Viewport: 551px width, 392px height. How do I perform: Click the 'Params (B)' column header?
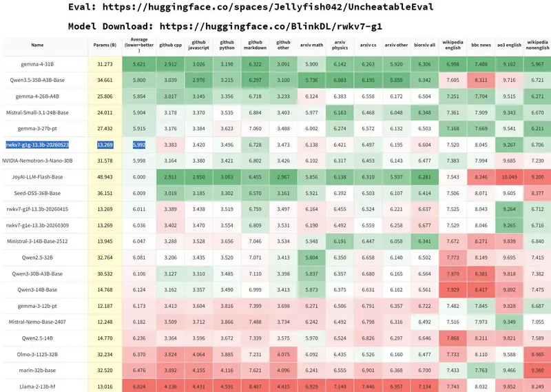[x=105, y=45]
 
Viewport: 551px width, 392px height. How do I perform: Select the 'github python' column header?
[x=227, y=45]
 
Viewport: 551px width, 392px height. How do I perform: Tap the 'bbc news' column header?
[x=481, y=45]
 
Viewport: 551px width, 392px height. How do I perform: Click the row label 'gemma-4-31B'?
[x=37, y=64]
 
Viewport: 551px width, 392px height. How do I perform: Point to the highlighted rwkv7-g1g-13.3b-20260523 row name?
[x=37, y=145]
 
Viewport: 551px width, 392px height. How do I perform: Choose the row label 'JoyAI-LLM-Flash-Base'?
[x=37, y=177]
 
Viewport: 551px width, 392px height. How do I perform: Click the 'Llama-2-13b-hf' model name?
[x=37, y=386]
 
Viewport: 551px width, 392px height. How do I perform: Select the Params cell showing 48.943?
[x=105, y=177]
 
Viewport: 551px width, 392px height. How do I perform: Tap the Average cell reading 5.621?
[x=139, y=64]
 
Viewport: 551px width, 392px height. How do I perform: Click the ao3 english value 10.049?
[x=509, y=177]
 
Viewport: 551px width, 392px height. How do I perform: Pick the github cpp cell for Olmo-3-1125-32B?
[x=170, y=354]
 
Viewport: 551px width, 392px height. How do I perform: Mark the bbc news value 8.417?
[x=481, y=289]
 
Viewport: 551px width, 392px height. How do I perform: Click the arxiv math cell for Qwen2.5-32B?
[x=311, y=258]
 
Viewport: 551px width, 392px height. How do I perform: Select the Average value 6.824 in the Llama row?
[x=139, y=386]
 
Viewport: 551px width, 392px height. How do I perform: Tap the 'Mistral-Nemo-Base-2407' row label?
[x=37, y=322]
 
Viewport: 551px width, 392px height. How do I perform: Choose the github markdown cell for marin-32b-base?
[x=255, y=370]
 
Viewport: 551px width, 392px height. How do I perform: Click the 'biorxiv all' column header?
[x=424, y=45]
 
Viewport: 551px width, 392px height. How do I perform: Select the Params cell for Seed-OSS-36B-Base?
[x=105, y=193]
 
